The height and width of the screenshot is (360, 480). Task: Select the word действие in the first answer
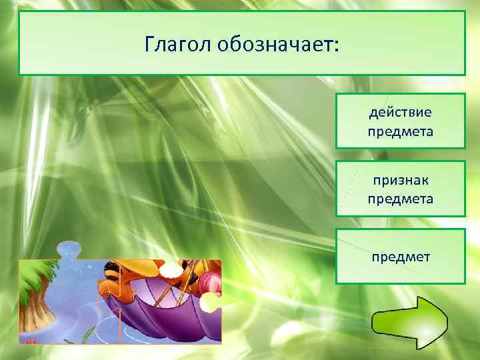[400, 111]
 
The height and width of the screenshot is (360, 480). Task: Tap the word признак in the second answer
[400, 180]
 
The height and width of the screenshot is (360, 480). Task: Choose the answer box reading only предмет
[400, 256]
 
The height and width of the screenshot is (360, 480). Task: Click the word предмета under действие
[400, 131]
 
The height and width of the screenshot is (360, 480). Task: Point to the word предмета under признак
[400, 199]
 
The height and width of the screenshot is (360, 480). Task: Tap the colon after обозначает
[336, 47]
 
